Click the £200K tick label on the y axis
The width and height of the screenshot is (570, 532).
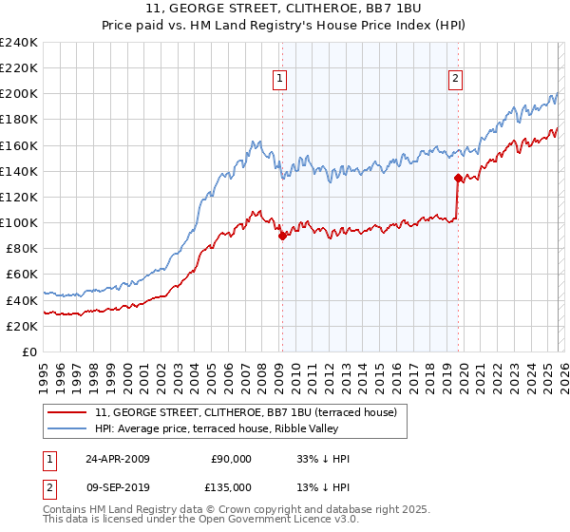point(19,94)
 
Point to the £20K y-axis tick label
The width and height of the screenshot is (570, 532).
point(22,326)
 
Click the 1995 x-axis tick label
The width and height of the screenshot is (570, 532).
point(44,370)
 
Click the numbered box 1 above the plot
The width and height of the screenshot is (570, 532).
point(281,79)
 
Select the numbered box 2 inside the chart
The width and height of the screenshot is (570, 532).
point(455,79)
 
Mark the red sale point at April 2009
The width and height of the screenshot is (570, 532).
point(282,237)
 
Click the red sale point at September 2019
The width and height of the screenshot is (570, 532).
point(458,178)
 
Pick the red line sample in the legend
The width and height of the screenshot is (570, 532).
point(68,411)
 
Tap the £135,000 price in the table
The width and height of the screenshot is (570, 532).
point(231,487)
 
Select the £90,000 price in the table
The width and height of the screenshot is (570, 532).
point(231,459)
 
